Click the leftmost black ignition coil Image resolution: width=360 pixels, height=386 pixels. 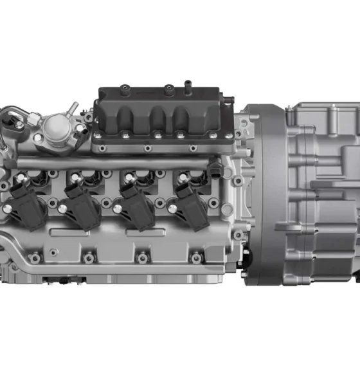(28, 205)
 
